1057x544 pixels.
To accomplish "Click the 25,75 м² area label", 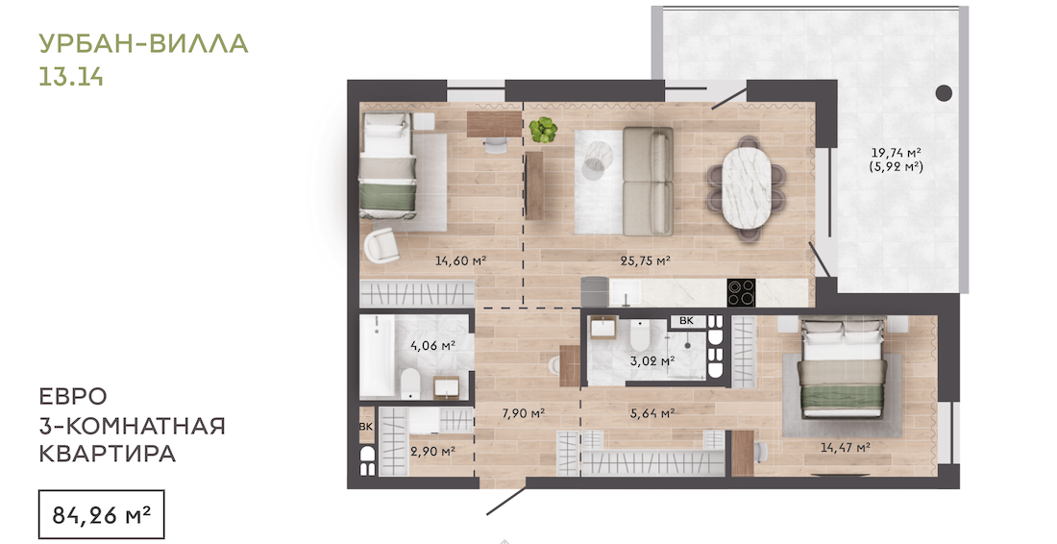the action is pyautogui.click(x=645, y=260).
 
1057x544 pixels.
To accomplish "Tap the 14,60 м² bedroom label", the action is pyautogui.click(x=461, y=260).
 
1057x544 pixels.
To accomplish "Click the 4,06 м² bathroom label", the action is pyautogui.click(x=433, y=346).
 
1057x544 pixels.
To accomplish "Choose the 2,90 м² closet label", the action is pyautogui.click(x=432, y=451).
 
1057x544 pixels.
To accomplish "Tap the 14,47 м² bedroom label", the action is pyautogui.click(x=846, y=447).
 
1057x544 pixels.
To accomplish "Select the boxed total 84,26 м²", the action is pyautogui.click(x=101, y=516).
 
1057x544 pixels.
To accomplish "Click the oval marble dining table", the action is pyautogui.click(x=747, y=186).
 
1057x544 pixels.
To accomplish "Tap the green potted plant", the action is pyautogui.click(x=543, y=129).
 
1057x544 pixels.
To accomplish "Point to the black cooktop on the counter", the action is pyautogui.click(x=742, y=292).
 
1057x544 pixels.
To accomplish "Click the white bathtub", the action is pyautogui.click(x=376, y=356).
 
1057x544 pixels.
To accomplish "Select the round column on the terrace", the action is pyautogui.click(x=945, y=93).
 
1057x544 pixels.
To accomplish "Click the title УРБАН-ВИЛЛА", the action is pyautogui.click(x=143, y=43).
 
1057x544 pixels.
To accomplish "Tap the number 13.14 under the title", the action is pyautogui.click(x=71, y=77).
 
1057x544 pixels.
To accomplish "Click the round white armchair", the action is pyautogui.click(x=381, y=246).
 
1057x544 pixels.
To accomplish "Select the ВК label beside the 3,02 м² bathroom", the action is pyautogui.click(x=686, y=321).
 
